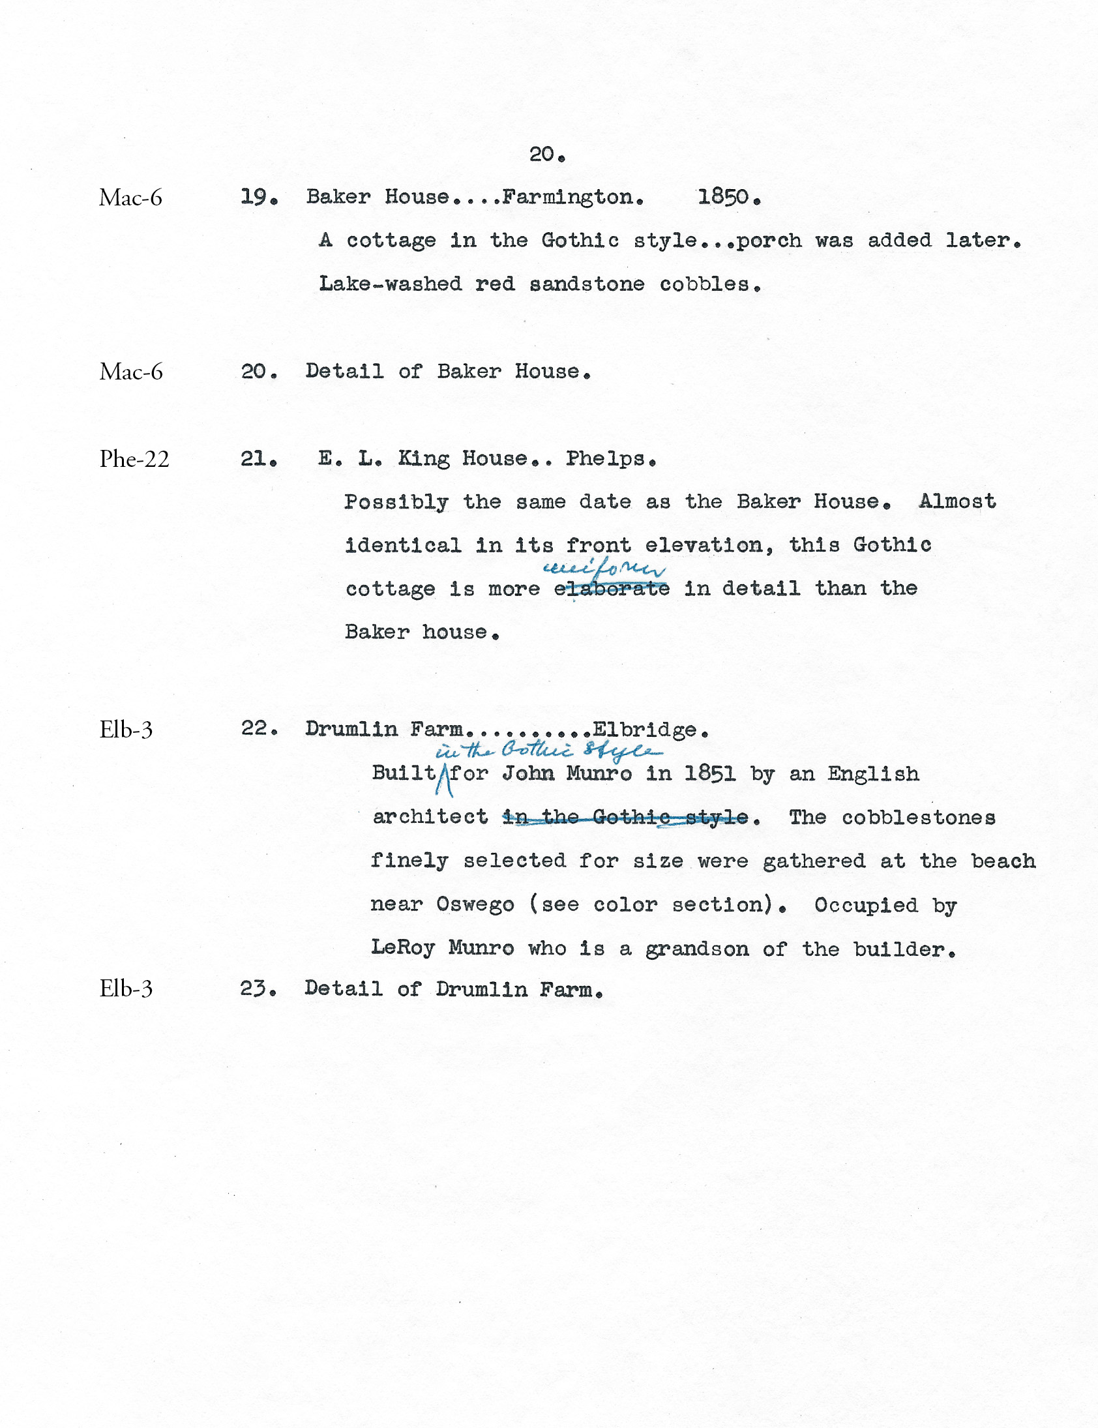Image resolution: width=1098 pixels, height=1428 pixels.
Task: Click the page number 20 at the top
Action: coord(546,155)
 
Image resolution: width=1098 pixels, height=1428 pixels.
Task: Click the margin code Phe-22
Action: coord(134,460)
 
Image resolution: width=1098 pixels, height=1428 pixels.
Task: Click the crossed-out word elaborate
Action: coord(612,589)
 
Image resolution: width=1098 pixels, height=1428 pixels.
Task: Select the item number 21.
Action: coord(258,459)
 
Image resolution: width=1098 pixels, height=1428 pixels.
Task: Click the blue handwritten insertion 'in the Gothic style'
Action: coord(549,751)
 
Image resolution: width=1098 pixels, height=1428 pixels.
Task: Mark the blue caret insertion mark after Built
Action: coord(445,781)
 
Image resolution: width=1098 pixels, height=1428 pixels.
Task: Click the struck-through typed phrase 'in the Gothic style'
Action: coord(625,818)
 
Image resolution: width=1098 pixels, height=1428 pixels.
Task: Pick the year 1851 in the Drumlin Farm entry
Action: coord(709,774)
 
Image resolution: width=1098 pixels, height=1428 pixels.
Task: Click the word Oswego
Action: coord(475,905)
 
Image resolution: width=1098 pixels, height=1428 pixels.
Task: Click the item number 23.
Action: coord(258,989)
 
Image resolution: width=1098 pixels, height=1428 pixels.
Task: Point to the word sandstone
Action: coord(586,284)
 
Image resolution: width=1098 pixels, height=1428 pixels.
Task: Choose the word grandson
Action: coord(697,949)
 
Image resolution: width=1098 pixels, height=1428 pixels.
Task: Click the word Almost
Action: coord(957,502)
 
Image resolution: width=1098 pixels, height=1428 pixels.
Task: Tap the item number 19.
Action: coord(258,197)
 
